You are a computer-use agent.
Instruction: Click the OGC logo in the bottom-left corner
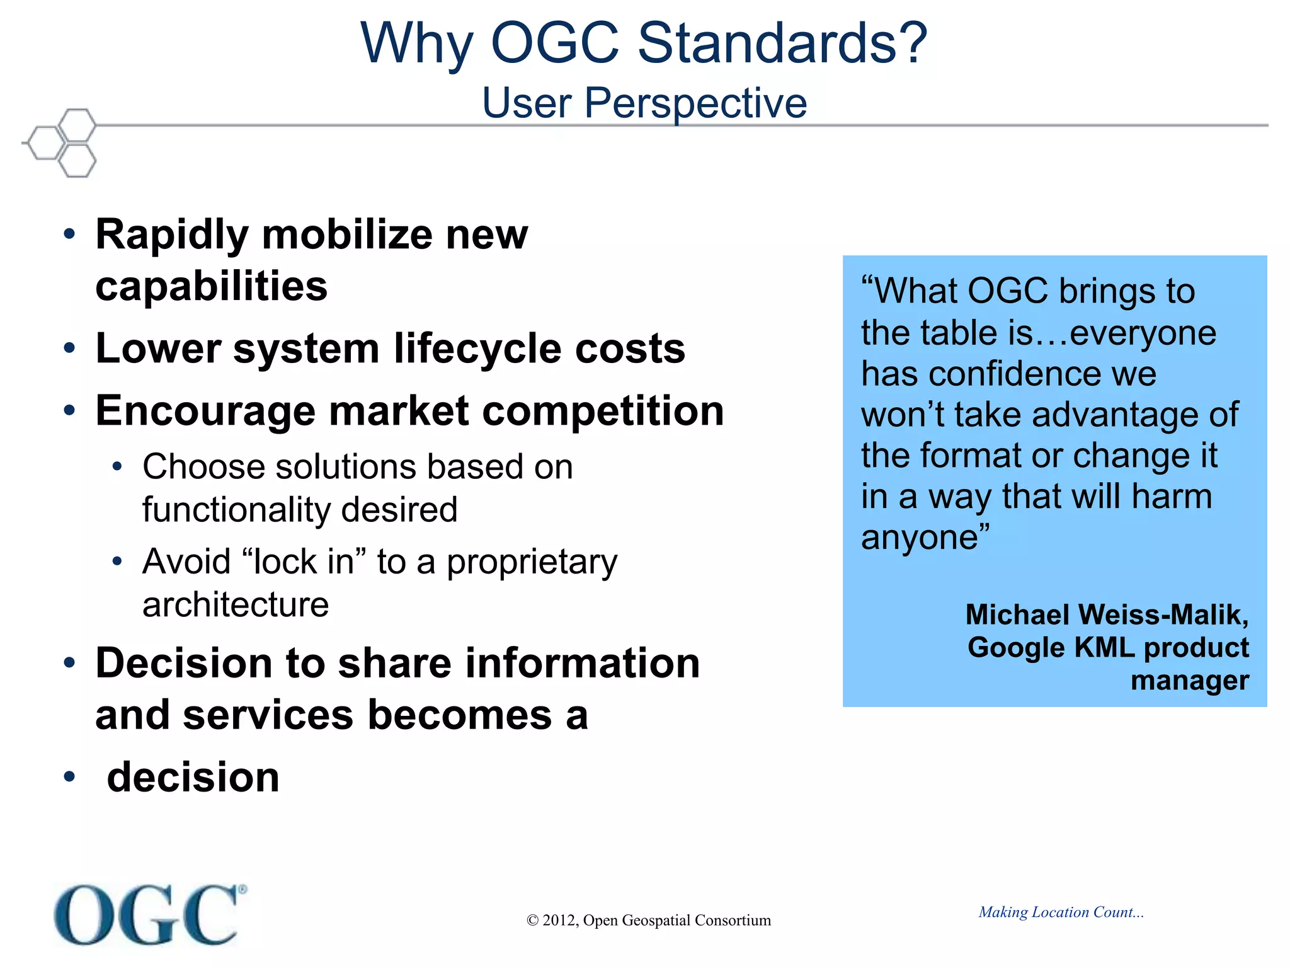pos(150,914)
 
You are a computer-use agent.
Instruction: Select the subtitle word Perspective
pos(695,103)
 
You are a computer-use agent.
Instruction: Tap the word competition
pos(604,411)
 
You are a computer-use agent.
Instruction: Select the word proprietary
pos(532,562)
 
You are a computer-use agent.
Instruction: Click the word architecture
pos(236,605)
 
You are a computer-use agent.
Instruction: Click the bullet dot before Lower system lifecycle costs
pos(69,348)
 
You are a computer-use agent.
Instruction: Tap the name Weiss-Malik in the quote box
pos(1163,615)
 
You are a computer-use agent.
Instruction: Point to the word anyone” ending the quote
pos(925,538)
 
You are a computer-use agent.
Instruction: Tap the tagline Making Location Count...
pos(1061,912)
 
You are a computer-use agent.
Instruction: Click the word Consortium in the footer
pos(733,921)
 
